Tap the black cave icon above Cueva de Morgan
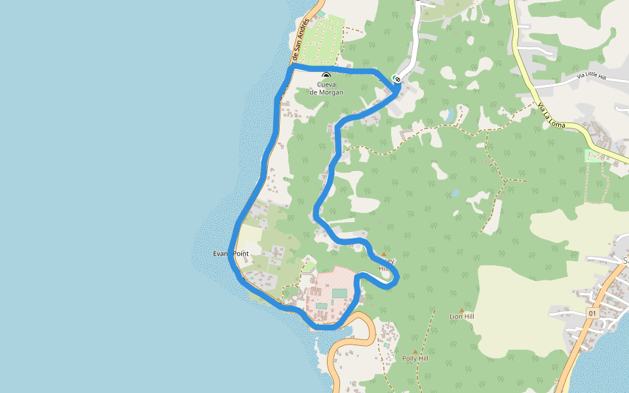click(x=326, y=77)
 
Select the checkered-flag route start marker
click(x=396, y=79)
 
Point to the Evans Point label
click(x=231, y=253)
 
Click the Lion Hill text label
click(x=461, y=316)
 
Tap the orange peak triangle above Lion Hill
click(x=461, y=310)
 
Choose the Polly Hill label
click(x=415, y=359)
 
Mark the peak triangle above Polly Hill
click(x=415, y=352)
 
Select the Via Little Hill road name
click(x=592, y=77)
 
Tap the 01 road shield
click(x=592, y=314)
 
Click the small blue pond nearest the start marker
click(x=449, y=115)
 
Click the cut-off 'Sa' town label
click(x=625, y=261)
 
